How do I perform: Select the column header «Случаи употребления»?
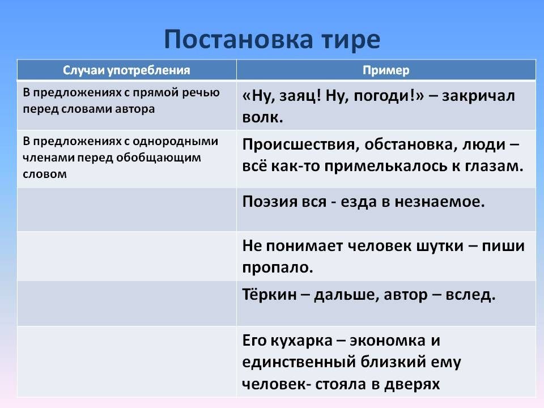pyautogui.click(x=126, y=70)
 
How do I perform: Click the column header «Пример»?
pyautogui.click(x=386, y=70)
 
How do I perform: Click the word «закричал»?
pyautogui.click(x=478, y=96)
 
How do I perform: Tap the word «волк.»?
pyautogui.click(x=262, y=117)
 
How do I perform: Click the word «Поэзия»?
pyautogui.click(x=266, y=202)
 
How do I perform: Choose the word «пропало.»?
pyautogui.click(x=278, y=267)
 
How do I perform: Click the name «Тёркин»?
pyautogui.click(x=269, y=295)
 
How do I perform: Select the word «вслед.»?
pyautogui.click(x=470, y=295)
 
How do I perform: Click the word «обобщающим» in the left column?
pyautogui.click(x=159, y=158)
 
